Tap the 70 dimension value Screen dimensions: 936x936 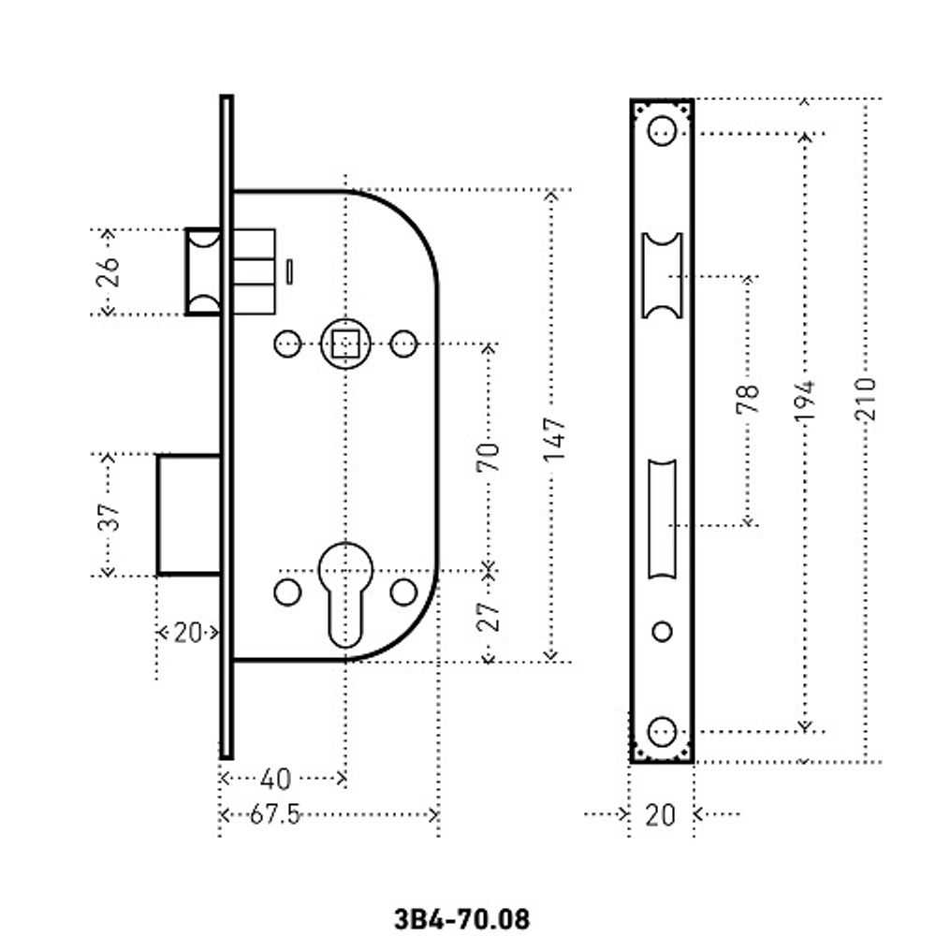[490, 456]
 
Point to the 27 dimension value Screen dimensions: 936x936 [490, 615]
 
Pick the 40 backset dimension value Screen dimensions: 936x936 [274, 779]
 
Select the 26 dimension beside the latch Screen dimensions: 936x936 [109, 272]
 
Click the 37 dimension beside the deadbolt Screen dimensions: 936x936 [110, 516]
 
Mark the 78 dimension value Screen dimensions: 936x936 [748, 400]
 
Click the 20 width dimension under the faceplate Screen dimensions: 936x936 [660, 815]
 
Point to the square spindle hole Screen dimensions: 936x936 [346, 344]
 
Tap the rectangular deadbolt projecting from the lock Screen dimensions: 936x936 [188, 514]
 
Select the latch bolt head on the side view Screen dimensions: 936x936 [203, 271]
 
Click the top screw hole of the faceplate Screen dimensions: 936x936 [662, 131]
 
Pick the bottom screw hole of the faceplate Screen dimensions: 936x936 [662, 731]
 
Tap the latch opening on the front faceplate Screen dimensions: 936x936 [662, 276]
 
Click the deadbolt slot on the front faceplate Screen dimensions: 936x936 [662, 520]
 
